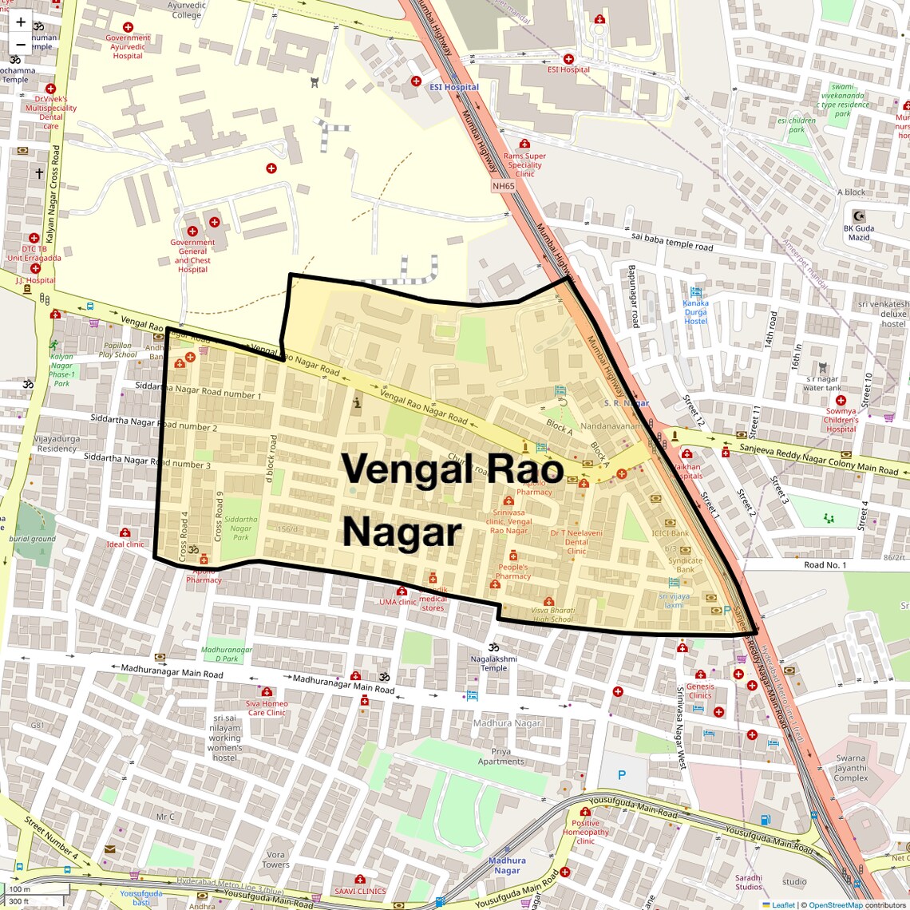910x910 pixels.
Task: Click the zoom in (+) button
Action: pyautogui.click(x=21, y=22)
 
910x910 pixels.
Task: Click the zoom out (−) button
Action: pyautogui.click(x=21, y=44)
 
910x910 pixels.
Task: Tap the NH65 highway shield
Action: pyautogui.click(x=504, y=186)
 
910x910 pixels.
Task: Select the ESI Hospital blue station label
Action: pyautogui.click(x=454, y=87)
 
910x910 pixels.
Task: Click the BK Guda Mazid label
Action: pyautogui.click(x=859, y=232)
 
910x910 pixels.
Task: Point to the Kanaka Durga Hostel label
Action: pyautogui.click(x=695, y=311)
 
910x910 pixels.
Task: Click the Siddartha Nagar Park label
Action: pyautogui.click(x=240, y=528)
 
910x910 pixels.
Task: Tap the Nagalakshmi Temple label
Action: pyautogui.click(x=493, y=663)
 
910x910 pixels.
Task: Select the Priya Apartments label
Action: pyautogui.click(x=501, y=756)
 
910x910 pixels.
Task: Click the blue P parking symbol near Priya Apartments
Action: pyautogui.click(x=622, y=774)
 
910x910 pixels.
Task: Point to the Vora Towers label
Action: pyautogui.click(x=275, y=859)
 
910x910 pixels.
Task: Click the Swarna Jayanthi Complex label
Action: pyautogui.click(x=851, y=768)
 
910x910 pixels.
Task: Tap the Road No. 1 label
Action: pyautogui.click(x=825, y=565)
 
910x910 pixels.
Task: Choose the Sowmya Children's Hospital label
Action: pyautogui.click(x=841, y=420)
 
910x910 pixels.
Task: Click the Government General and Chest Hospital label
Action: pyautogui.click(x=192, y=255)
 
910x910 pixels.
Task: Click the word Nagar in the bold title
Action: pyautogui.click(x=402, y=532)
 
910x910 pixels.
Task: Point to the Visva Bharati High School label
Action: pyautogui.click(x=552, y=615)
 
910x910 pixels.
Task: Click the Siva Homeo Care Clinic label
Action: pyautogui.click(x=267, y=708)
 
